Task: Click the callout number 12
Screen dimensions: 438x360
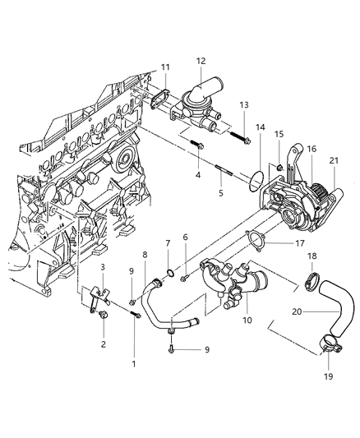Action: tap(201, 61)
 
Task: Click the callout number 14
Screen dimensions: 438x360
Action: tap(260, 128)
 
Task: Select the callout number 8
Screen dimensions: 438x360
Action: tap(145, 255)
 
